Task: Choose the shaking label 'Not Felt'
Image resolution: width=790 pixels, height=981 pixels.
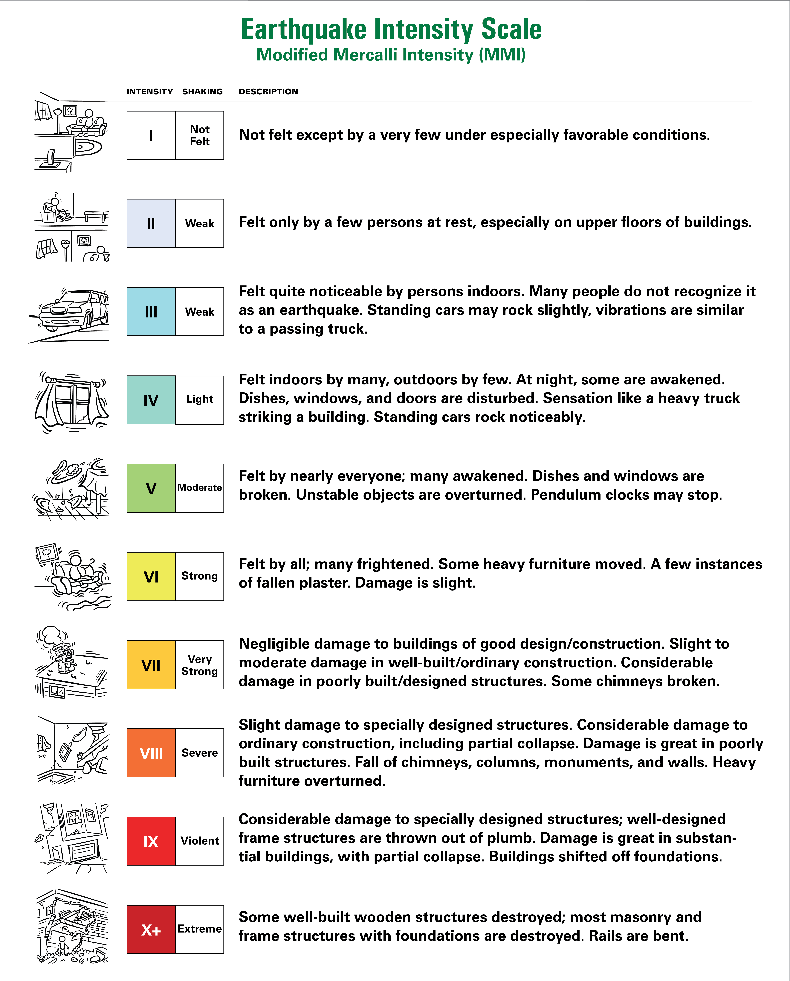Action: point(199,135)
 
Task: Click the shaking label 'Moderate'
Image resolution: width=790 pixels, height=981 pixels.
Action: point(199,488)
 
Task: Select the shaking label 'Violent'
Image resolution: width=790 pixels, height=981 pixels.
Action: point(199,841)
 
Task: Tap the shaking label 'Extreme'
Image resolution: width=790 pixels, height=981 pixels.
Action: point(199,929)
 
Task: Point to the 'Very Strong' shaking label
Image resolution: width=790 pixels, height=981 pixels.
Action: point(199,665)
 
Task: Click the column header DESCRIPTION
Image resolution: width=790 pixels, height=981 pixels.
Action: point(268,92)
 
